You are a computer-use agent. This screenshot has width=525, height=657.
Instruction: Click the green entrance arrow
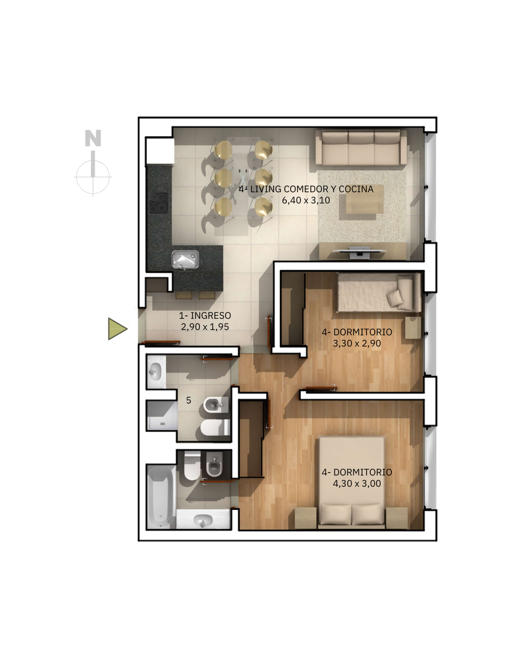[x=117, y=329]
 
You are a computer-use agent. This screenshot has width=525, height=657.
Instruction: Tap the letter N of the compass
[x=93, y=138]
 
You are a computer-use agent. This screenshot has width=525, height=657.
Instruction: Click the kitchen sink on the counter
[x=185, y=259]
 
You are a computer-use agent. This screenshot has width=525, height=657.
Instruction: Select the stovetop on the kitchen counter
[x=158, y=203]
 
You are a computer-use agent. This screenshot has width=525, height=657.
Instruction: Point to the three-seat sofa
[x=361, y=148]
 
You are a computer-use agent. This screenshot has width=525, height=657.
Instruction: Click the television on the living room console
[x=360, y=252]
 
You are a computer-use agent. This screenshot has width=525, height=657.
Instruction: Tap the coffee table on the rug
[x=361, y=201]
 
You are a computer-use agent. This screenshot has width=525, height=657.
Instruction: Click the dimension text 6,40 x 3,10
[x=306, y=201]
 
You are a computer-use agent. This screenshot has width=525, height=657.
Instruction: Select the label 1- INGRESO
[x=205, y=315]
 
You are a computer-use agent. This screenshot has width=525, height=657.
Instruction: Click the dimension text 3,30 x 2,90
[x=357, y=343]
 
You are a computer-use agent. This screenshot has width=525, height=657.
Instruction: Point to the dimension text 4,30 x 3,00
[x=357, y=484]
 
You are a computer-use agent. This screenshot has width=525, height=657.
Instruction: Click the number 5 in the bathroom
[x=189, y=400]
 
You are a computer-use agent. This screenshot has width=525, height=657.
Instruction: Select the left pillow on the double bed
[x=335, y=514]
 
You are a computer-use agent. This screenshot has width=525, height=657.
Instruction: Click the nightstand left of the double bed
[x=305, y=518]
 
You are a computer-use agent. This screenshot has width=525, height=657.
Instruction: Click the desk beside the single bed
[x=413, y=328]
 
